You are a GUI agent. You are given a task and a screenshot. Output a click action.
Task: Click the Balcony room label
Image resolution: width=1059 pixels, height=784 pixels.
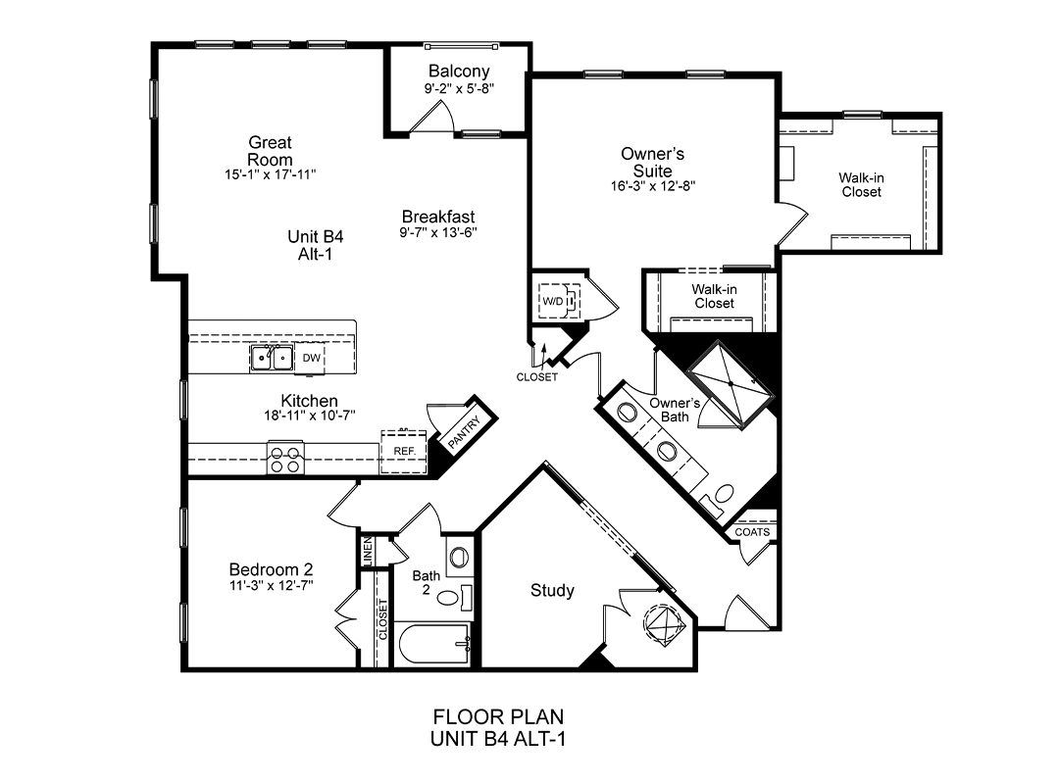pyautogui.click(x=459, y=71)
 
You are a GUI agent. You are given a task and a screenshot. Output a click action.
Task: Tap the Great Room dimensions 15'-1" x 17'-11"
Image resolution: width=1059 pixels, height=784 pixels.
pyautogui.click(x=271, y=174)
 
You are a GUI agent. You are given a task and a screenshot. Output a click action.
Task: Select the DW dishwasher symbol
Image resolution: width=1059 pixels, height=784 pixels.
pyautogui.click(x=312, y=358)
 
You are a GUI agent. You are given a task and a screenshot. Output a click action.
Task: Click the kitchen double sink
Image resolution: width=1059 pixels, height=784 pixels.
pyautogui.click(x=272, y=358)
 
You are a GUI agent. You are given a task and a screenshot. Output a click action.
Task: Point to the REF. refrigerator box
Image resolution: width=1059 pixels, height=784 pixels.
pyautogui.click(x=404, y=451)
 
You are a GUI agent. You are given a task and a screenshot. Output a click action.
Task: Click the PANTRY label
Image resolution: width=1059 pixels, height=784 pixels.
pyautogui.click(x=464, y=431)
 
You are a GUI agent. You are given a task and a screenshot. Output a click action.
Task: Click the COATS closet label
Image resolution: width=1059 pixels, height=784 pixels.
pyautogui.click(x=752, y=531)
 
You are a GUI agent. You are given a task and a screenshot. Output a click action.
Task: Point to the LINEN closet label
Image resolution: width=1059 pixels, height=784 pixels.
pyautogui.click(x=368, y=552)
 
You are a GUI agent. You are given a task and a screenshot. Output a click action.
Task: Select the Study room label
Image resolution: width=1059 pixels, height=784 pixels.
pyautogui.click(x=552, y=590)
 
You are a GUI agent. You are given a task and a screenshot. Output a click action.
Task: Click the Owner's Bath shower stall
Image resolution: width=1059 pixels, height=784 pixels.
pyautogui.click(x=730, y=385)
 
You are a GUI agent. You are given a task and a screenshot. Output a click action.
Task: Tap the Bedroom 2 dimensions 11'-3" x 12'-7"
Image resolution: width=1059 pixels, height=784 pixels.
pyautogui.click(x=271, y=585)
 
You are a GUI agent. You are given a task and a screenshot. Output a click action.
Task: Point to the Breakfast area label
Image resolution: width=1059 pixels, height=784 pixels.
pyautogui.click(x=438, y=217)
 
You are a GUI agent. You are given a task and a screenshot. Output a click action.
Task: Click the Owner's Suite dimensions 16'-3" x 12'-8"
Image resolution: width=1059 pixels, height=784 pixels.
pyautogui.click(x=652, y=185)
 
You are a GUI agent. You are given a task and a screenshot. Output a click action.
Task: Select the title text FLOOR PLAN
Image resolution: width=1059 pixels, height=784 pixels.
pyautogui.click(x=498, y=716)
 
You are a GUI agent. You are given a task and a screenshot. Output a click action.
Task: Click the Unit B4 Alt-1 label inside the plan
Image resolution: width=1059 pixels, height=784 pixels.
pyautogui.click(x=316, y=245)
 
